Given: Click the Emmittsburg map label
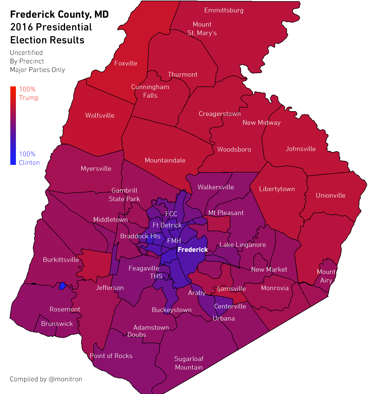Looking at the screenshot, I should (224, 10).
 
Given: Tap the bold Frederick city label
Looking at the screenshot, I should (193, 250).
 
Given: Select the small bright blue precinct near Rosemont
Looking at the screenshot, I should (62, 286).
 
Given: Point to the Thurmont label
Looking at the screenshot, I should (182, 75).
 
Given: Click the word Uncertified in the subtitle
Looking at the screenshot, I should (26, 53).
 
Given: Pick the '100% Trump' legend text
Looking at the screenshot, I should (29, 93).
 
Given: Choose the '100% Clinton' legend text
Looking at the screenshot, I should (29, 158).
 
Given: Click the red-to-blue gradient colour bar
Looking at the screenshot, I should (13, 125).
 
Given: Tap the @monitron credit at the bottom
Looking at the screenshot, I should (65, 379).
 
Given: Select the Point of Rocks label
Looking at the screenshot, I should (111, 356).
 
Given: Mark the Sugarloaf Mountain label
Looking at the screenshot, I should (189, 363).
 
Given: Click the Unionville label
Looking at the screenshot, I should (331, 196).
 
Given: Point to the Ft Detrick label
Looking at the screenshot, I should (167, 225).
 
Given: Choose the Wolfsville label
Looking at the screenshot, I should (100, 116).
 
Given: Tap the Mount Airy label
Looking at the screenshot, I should (326, 276).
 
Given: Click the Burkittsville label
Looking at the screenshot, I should (61, 260).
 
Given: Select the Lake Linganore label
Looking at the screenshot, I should (242, 245).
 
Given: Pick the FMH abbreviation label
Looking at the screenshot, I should (174, 241).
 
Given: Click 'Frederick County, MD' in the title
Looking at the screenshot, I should (59, 14).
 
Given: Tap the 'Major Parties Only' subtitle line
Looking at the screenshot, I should (37, 70).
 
